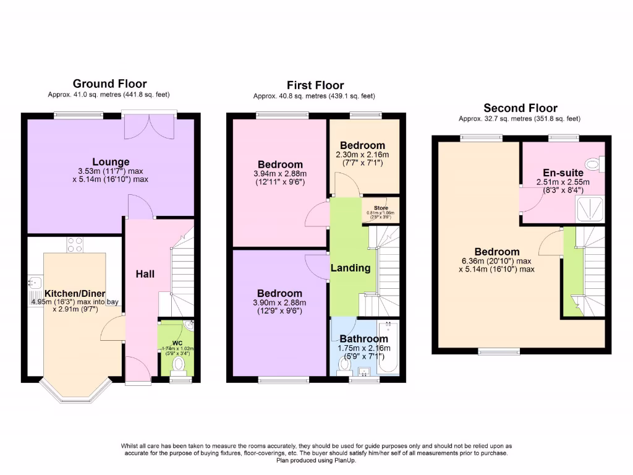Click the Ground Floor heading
coord(109,83)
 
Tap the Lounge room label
coord(111,162)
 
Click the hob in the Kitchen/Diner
coord(75,246)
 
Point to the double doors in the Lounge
coord(149,127)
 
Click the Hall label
coord(145,274)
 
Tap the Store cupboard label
coord(380,208)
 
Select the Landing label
coord(350,268)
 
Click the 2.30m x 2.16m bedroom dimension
coord(363,155)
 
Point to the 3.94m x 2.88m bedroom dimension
coord(280,174)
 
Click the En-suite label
coord(563,173)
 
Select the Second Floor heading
coord(520,108)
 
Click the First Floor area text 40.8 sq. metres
coord(314,96)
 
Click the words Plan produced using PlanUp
coord(316,460)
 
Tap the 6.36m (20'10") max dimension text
coord(496,260)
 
